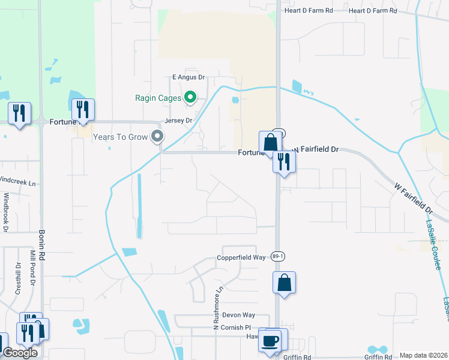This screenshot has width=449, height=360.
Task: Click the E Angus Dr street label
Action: [x=188, y=77]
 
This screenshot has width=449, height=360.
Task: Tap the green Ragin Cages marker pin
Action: [x=190, y=97]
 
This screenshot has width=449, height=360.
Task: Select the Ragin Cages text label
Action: [x=158, y=97]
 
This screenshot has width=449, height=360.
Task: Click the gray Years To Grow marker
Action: [x=157, y=137]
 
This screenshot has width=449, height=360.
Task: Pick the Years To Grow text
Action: [x=120, y=137]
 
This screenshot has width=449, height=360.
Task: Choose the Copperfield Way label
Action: [x=241, y=257]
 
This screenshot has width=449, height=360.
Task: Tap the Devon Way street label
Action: [x=238, y=315]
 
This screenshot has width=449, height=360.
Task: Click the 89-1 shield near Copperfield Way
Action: [x=276, y=256]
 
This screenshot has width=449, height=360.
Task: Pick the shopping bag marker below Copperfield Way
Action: [x=283, y=283]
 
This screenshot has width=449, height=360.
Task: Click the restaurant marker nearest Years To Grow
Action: [x=82, y=110]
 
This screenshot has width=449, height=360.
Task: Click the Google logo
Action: [x=20, y=353]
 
